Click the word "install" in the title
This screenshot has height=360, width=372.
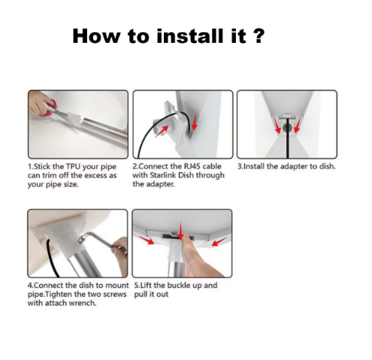pyautogui.click(x=191, y=36)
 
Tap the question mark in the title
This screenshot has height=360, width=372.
pyautogui.click(x=257, y=36)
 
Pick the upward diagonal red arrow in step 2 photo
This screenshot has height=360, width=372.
pyautogui.click(x=162, y=132)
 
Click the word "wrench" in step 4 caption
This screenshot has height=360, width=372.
pyautogui.click(x=83, y=303)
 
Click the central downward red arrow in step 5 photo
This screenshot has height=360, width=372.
pyautogui.click(x=180, y=230)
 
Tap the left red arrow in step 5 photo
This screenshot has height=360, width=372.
pyautogui.click(x=147, y=240)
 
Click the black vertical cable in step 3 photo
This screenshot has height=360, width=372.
pyautogui.click(x=288, y=138)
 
